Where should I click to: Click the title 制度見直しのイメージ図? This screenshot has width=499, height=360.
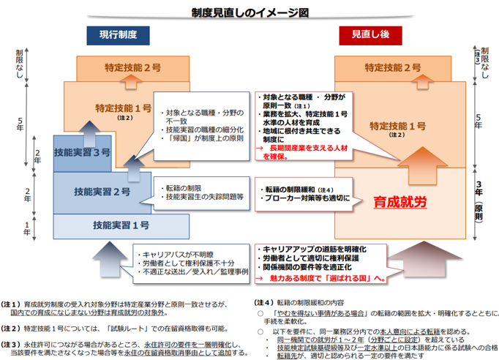(x=249, y=12)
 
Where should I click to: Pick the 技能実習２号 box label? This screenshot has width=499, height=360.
(x=102, y=192)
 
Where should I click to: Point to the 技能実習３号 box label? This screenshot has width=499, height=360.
(x=82, y=154)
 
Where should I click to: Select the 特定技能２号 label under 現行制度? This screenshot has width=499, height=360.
(x=133, y=67)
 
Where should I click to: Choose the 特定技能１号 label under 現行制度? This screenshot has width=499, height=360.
(x=123, y=108)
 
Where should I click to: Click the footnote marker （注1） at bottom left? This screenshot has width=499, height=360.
(x=12, y=302)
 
